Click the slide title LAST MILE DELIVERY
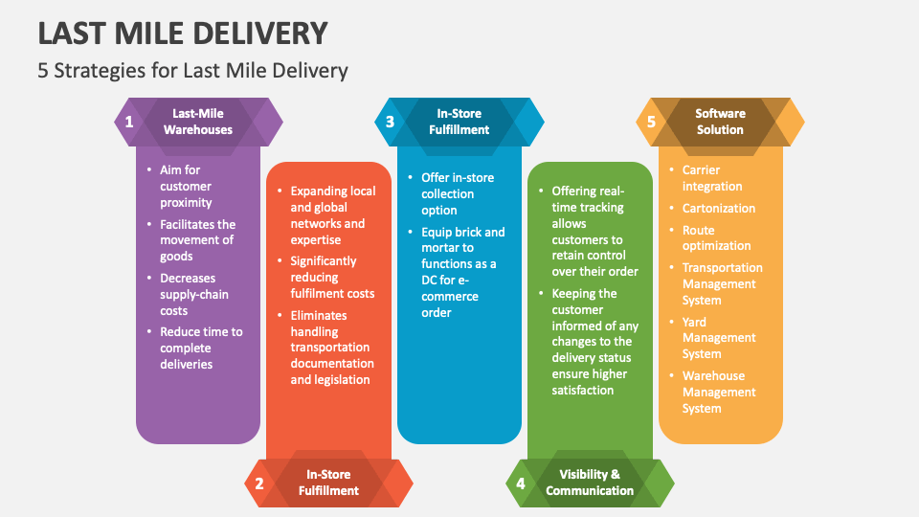183,34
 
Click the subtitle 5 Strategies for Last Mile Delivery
192,70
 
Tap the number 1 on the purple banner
128,122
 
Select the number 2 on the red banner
258,483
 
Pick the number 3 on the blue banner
390,122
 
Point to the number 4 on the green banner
521,483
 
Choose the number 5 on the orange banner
652,122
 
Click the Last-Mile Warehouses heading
198,122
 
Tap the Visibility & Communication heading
590,483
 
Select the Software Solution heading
720,122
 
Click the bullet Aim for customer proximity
186,186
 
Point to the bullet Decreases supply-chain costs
193,294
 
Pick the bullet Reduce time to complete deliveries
201,348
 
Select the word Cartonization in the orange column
719,208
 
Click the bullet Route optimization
716,237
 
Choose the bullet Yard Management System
719,338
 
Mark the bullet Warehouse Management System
719,392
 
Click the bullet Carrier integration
712,178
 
